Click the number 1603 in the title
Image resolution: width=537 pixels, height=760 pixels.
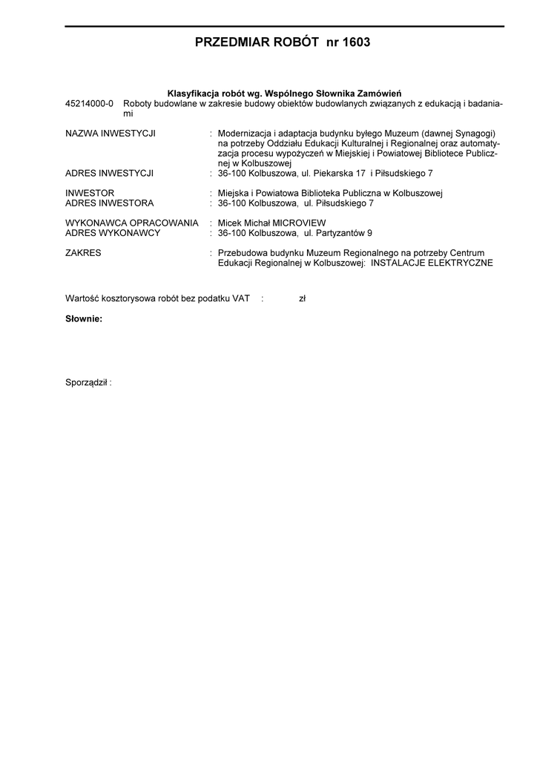(x=353, y=43)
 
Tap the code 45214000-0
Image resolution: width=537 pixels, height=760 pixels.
(x=89, y=104)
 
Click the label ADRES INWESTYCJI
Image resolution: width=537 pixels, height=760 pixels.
(x=110, y=173)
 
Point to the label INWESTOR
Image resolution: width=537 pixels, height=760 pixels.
(x=90, y=193)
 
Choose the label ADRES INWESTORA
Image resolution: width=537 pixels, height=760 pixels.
(x=110, y=203)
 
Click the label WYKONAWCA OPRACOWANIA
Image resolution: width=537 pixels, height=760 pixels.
(x=132, y=223)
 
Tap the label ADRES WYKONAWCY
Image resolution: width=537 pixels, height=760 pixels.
(x=113, y=232)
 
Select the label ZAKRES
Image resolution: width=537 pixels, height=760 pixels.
(x=84, y=252)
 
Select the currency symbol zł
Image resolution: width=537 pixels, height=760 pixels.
(x=302, y=298)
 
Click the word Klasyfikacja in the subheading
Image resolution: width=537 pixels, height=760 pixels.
(x=193, y=93)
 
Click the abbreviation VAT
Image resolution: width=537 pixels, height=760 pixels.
(x=240, y=298)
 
